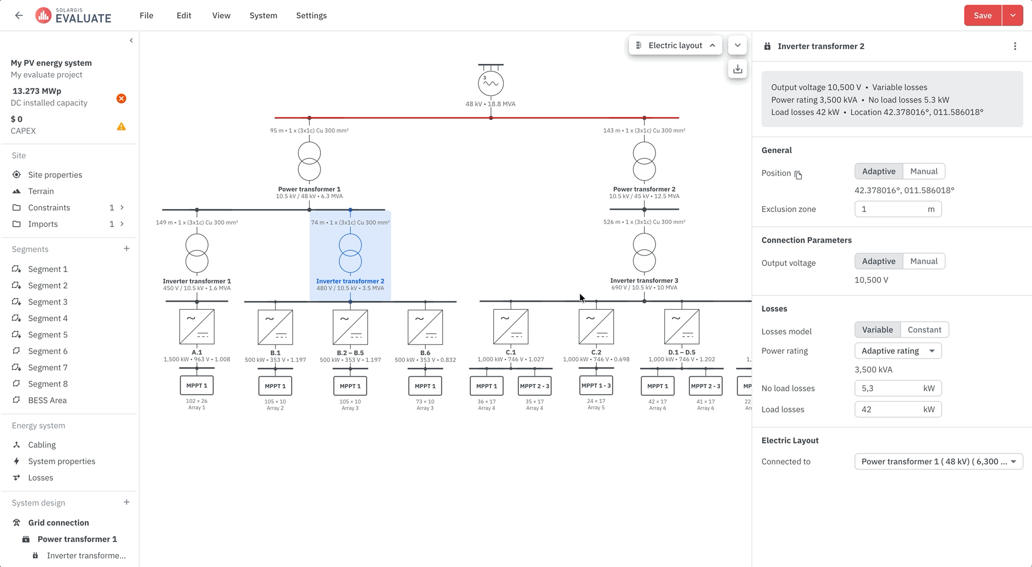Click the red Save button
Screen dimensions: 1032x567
(x=982, y=16)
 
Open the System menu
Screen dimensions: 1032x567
(x=263, y=16)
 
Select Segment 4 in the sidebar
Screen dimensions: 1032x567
(x=48, y=318)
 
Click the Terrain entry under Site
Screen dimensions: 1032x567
(x=41, y=191)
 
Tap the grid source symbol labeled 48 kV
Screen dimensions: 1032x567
(x=491, y=83)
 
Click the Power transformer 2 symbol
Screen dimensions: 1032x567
(x=644, y=162)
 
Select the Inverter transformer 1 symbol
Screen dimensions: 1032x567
(x=197, y=254)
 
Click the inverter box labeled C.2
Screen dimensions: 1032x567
(x=596, y=327)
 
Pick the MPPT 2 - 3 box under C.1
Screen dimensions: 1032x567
(x=535, y=386)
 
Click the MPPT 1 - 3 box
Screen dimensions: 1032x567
(x=596, y=385)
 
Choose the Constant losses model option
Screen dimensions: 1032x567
(x=924, y=330)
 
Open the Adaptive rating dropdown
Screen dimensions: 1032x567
(x=898, y=351)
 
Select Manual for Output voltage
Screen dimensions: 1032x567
(x=924, y=261)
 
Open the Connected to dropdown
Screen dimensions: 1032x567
(x=938, y=462)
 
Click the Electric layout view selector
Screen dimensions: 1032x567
(x=675, y=45)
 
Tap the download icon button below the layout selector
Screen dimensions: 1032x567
(x=737, y=69)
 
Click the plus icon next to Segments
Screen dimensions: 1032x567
(x=127, y=249)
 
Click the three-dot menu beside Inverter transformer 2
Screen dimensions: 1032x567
(x=1015, y=46)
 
